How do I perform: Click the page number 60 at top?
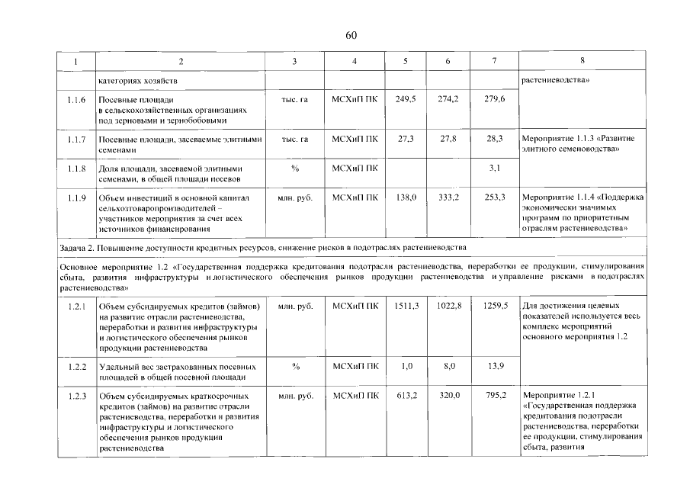[x=351, y=35]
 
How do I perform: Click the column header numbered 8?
[x=582, y=60]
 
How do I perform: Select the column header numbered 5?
[x=405, y=60]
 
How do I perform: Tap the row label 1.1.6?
[x=76, y=100]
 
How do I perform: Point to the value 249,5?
[x=406, y=100]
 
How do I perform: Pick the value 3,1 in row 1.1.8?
[x=493, y=168]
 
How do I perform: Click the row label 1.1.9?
[x=76, y=197]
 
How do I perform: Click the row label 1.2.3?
[x=76, y=396]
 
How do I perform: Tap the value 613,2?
[x=406, y=396]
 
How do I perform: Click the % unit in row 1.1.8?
[x=295, y=168]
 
